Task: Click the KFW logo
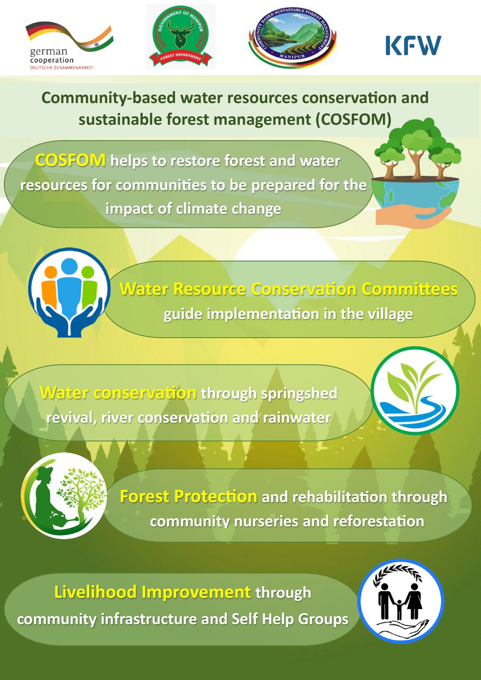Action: click(413, 45)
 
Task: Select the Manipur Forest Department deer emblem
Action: click(181, 36)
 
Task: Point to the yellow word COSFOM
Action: click(70, 160)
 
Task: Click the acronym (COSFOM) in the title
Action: click(353, 119)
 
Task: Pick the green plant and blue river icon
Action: click(415, 391)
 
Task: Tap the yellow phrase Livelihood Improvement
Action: click(153, 592)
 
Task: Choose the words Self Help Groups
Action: click(290, 619)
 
